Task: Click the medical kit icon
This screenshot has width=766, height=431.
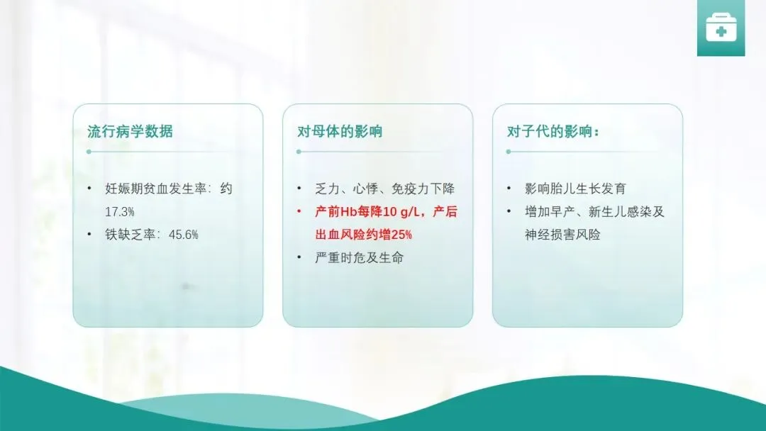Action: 721,28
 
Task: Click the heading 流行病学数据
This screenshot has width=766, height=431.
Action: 130,131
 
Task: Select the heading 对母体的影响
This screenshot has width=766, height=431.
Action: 340,131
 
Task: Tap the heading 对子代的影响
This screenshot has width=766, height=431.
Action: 550,131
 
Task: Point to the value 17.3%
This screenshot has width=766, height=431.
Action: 120,212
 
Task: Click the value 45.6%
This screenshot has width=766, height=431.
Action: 184,235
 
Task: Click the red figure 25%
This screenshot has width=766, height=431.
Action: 401,235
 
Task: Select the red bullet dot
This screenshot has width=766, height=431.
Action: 299,211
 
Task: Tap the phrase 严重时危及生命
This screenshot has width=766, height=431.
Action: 360,258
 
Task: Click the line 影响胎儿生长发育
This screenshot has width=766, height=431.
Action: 575,189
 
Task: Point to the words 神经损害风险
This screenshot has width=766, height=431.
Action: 562,235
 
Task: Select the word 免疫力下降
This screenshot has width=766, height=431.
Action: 423,189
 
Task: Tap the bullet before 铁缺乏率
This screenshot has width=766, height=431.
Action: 89,235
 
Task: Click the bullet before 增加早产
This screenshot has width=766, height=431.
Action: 509,211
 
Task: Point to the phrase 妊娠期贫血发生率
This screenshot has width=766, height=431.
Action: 156,189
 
